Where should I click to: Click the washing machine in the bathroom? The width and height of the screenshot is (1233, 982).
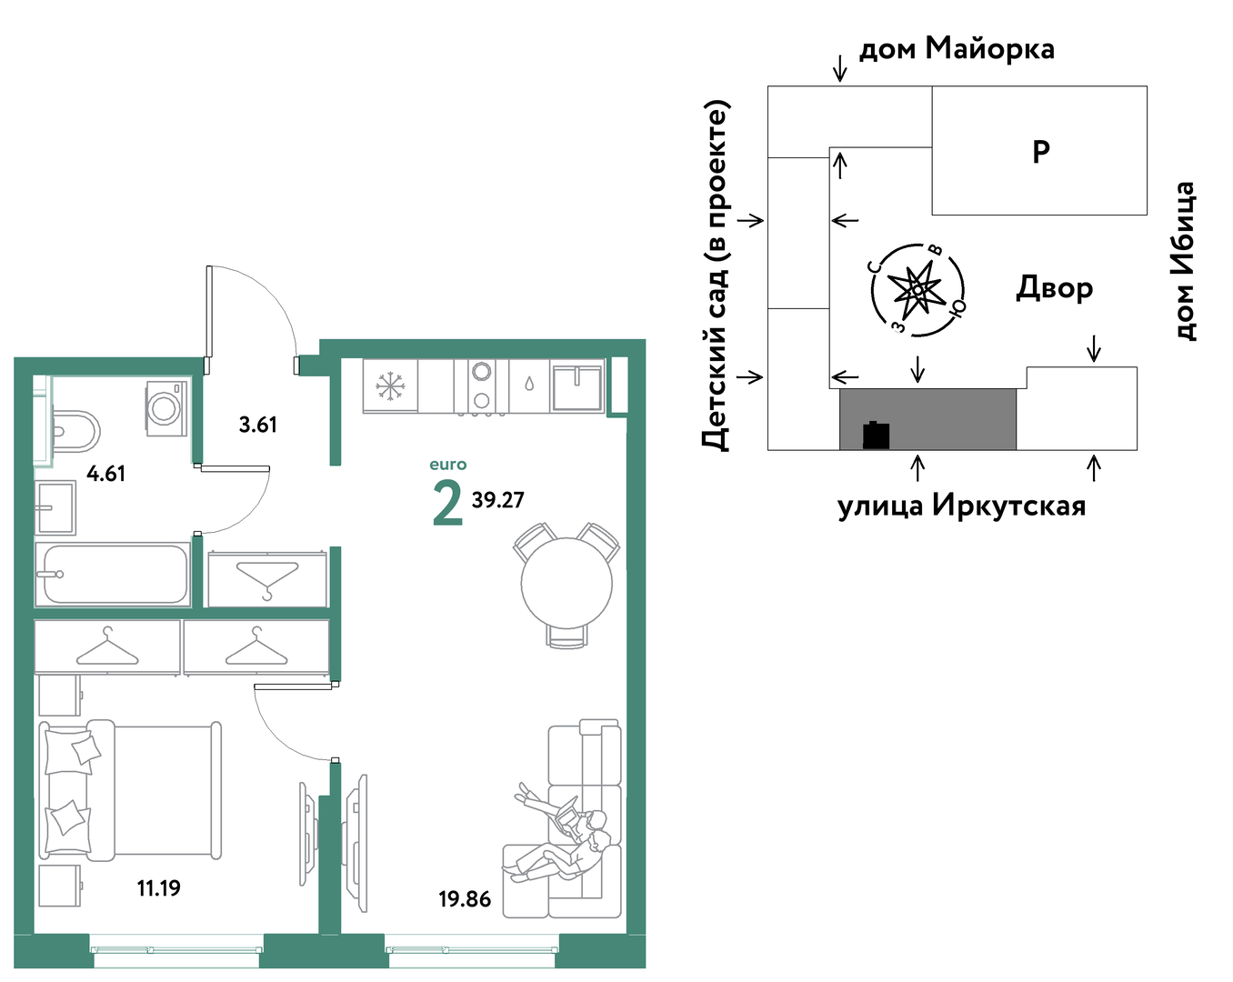[166, 408]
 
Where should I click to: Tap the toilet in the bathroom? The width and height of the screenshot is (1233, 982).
[75, 431]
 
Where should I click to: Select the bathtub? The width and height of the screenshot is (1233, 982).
[113, 575]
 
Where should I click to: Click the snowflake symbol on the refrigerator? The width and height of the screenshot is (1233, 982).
[390, 386]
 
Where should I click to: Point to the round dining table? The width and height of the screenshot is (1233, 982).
[566, 584]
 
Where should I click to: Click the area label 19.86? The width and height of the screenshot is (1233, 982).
[465, 899]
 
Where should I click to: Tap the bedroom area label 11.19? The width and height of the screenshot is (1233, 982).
[159, 888]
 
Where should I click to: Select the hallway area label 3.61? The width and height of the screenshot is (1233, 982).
[258, 425]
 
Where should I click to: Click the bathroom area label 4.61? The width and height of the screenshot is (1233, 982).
[106, 474]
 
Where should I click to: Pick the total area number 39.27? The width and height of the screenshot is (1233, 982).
[498, 500]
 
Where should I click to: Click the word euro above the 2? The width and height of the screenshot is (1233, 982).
[448, 464]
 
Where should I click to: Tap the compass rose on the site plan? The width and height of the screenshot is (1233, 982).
[917, 289]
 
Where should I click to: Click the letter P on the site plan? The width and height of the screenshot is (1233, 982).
[1041, 152]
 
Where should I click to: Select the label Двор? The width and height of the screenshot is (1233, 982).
[1054, 288]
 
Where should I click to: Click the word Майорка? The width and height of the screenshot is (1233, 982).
[990, 49]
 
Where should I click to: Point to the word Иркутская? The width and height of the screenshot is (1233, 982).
[1009, 506]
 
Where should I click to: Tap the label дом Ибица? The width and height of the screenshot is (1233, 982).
[1184, 261]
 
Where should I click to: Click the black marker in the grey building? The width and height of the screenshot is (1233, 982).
[876, 435]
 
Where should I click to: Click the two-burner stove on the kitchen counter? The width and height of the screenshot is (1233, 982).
[481, 386]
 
